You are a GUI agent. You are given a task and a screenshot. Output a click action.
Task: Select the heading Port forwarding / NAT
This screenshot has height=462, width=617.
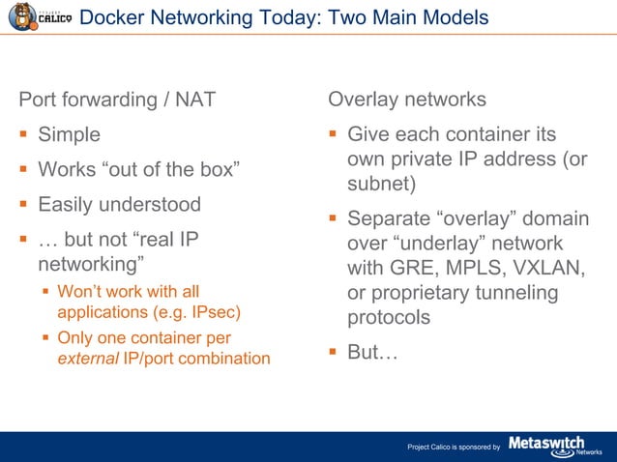(x=117, y=100)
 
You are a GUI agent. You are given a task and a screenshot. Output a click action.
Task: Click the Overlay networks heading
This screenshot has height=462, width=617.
(x=407, y=100)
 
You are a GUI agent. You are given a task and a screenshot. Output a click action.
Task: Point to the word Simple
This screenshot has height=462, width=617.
(x=69, y=135)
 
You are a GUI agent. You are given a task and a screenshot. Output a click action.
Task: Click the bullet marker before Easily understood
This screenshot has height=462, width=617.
(x=23, y=205)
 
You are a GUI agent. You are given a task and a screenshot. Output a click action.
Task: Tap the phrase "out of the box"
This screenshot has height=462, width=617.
(x=168, y=170)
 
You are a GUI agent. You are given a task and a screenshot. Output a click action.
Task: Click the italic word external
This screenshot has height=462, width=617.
(x=85, y=359)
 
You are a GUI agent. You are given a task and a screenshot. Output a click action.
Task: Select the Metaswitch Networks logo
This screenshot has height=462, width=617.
(x=554, y=445)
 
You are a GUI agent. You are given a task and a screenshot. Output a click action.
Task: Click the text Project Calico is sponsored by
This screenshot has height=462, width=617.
(x=453, y=447)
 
